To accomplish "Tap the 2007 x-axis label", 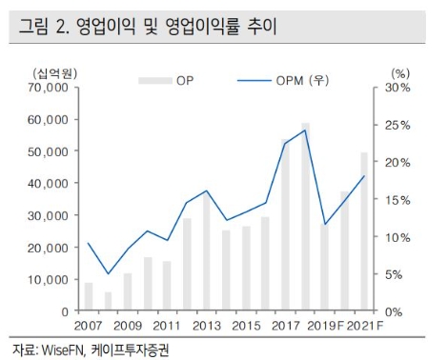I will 89,326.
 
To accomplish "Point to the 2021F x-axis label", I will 367,326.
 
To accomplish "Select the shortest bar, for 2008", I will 108,302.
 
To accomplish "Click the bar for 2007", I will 89,297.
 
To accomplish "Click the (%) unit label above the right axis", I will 400,72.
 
